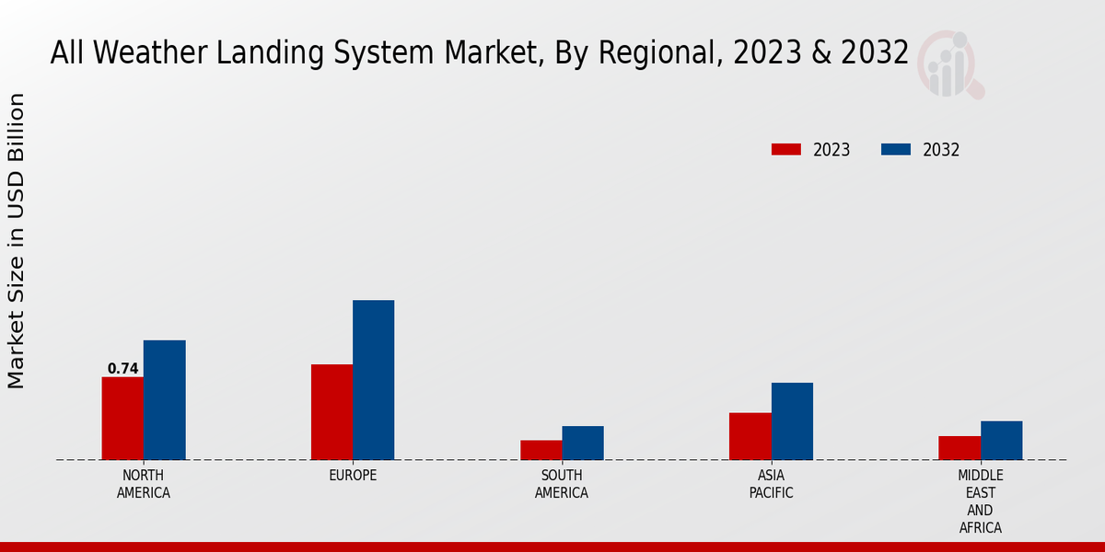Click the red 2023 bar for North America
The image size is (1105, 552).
[x=122, y=419]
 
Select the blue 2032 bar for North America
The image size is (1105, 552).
[x=164, y=400]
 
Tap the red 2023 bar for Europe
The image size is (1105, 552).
[x=331, y=412]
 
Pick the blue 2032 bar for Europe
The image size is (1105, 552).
[x=373, y=380]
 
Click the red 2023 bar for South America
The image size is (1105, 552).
[x=541, y=450]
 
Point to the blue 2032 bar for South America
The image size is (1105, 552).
[x=583, y=443]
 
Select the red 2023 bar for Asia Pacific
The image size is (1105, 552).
[x=750, y=436]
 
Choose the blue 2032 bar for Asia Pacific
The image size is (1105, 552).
[x=792, y=421]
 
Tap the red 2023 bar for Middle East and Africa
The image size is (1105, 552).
[x=960, y=448]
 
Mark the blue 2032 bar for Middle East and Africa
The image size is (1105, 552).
[x=1001, y=441]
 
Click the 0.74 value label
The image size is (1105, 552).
[x=122, y=369]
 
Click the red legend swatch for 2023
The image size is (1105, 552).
[x=785, y=150]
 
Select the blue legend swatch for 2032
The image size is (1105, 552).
[x=895, y=150]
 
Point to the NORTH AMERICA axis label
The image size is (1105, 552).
[x=143, y=484]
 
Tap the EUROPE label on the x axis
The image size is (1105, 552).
[x=353, y=476]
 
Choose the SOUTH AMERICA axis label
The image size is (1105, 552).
[x=562, y=484]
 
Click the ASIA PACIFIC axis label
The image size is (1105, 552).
[x=771, y=484]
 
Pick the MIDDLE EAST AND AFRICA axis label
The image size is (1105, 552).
[x=980, y=501]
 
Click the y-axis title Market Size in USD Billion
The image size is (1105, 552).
[x=17, y=241]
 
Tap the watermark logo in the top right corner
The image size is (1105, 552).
[x=949, y=63]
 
